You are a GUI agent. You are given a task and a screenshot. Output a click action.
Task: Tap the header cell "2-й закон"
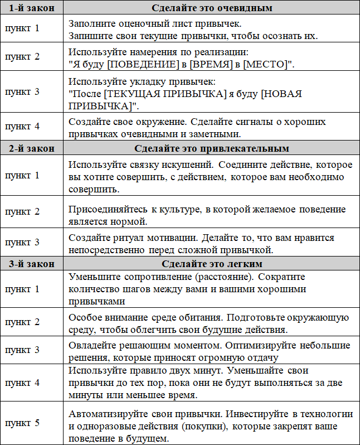pos(31,148)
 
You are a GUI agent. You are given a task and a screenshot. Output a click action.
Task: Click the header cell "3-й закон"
pos(31,263)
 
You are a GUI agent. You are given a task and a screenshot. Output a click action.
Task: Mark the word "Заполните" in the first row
pos(90,25)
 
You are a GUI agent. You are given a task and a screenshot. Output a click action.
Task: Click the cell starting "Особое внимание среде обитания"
pos(208,323)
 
